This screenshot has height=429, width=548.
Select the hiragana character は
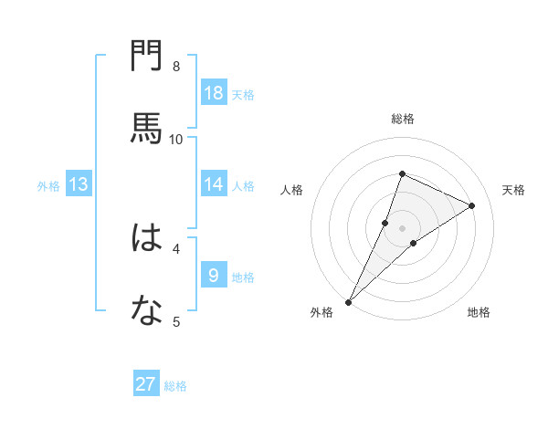pyautogui.click(x=147, y=238)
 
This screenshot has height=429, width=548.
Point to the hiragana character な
pyautogui.click(x=147, y=311)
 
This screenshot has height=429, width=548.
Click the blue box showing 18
pyautogui.click(x=214, y=93)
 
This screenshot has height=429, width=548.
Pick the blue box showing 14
pyautogui.click(x=214, y=184)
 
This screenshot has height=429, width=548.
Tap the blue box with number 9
pyautogui.click(x=214, y=275)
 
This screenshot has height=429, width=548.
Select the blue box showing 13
pyautogui.click(x=79, y=184)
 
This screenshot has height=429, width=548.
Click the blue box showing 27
pyautogui.click(x=146, y=384)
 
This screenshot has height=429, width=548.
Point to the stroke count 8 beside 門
pyautogui.click(x=176, y=66)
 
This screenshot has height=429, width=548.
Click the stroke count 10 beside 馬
pyautogui.click(x=176, y=139)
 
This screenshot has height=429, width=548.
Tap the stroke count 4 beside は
pyautogui.click(x=176, y=248)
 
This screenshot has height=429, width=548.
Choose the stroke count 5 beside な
pyautogui.click(x=176, y=321)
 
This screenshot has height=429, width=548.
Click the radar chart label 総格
pyautogui.click(x=403, y=119)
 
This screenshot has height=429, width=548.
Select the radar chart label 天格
pyautogui.click(x=513, y=190)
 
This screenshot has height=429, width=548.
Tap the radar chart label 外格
pyautogui.click(x=321, y=312)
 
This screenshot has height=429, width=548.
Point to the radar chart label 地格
pyautogui.click(x=479, y=312)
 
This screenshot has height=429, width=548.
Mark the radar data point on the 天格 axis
pyautogui.click(x=472, y=205)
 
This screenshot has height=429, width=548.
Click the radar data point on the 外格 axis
pyautogui.click(x=348, y=301)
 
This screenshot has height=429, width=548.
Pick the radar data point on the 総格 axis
pyautogui.click(x=402, y=173)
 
